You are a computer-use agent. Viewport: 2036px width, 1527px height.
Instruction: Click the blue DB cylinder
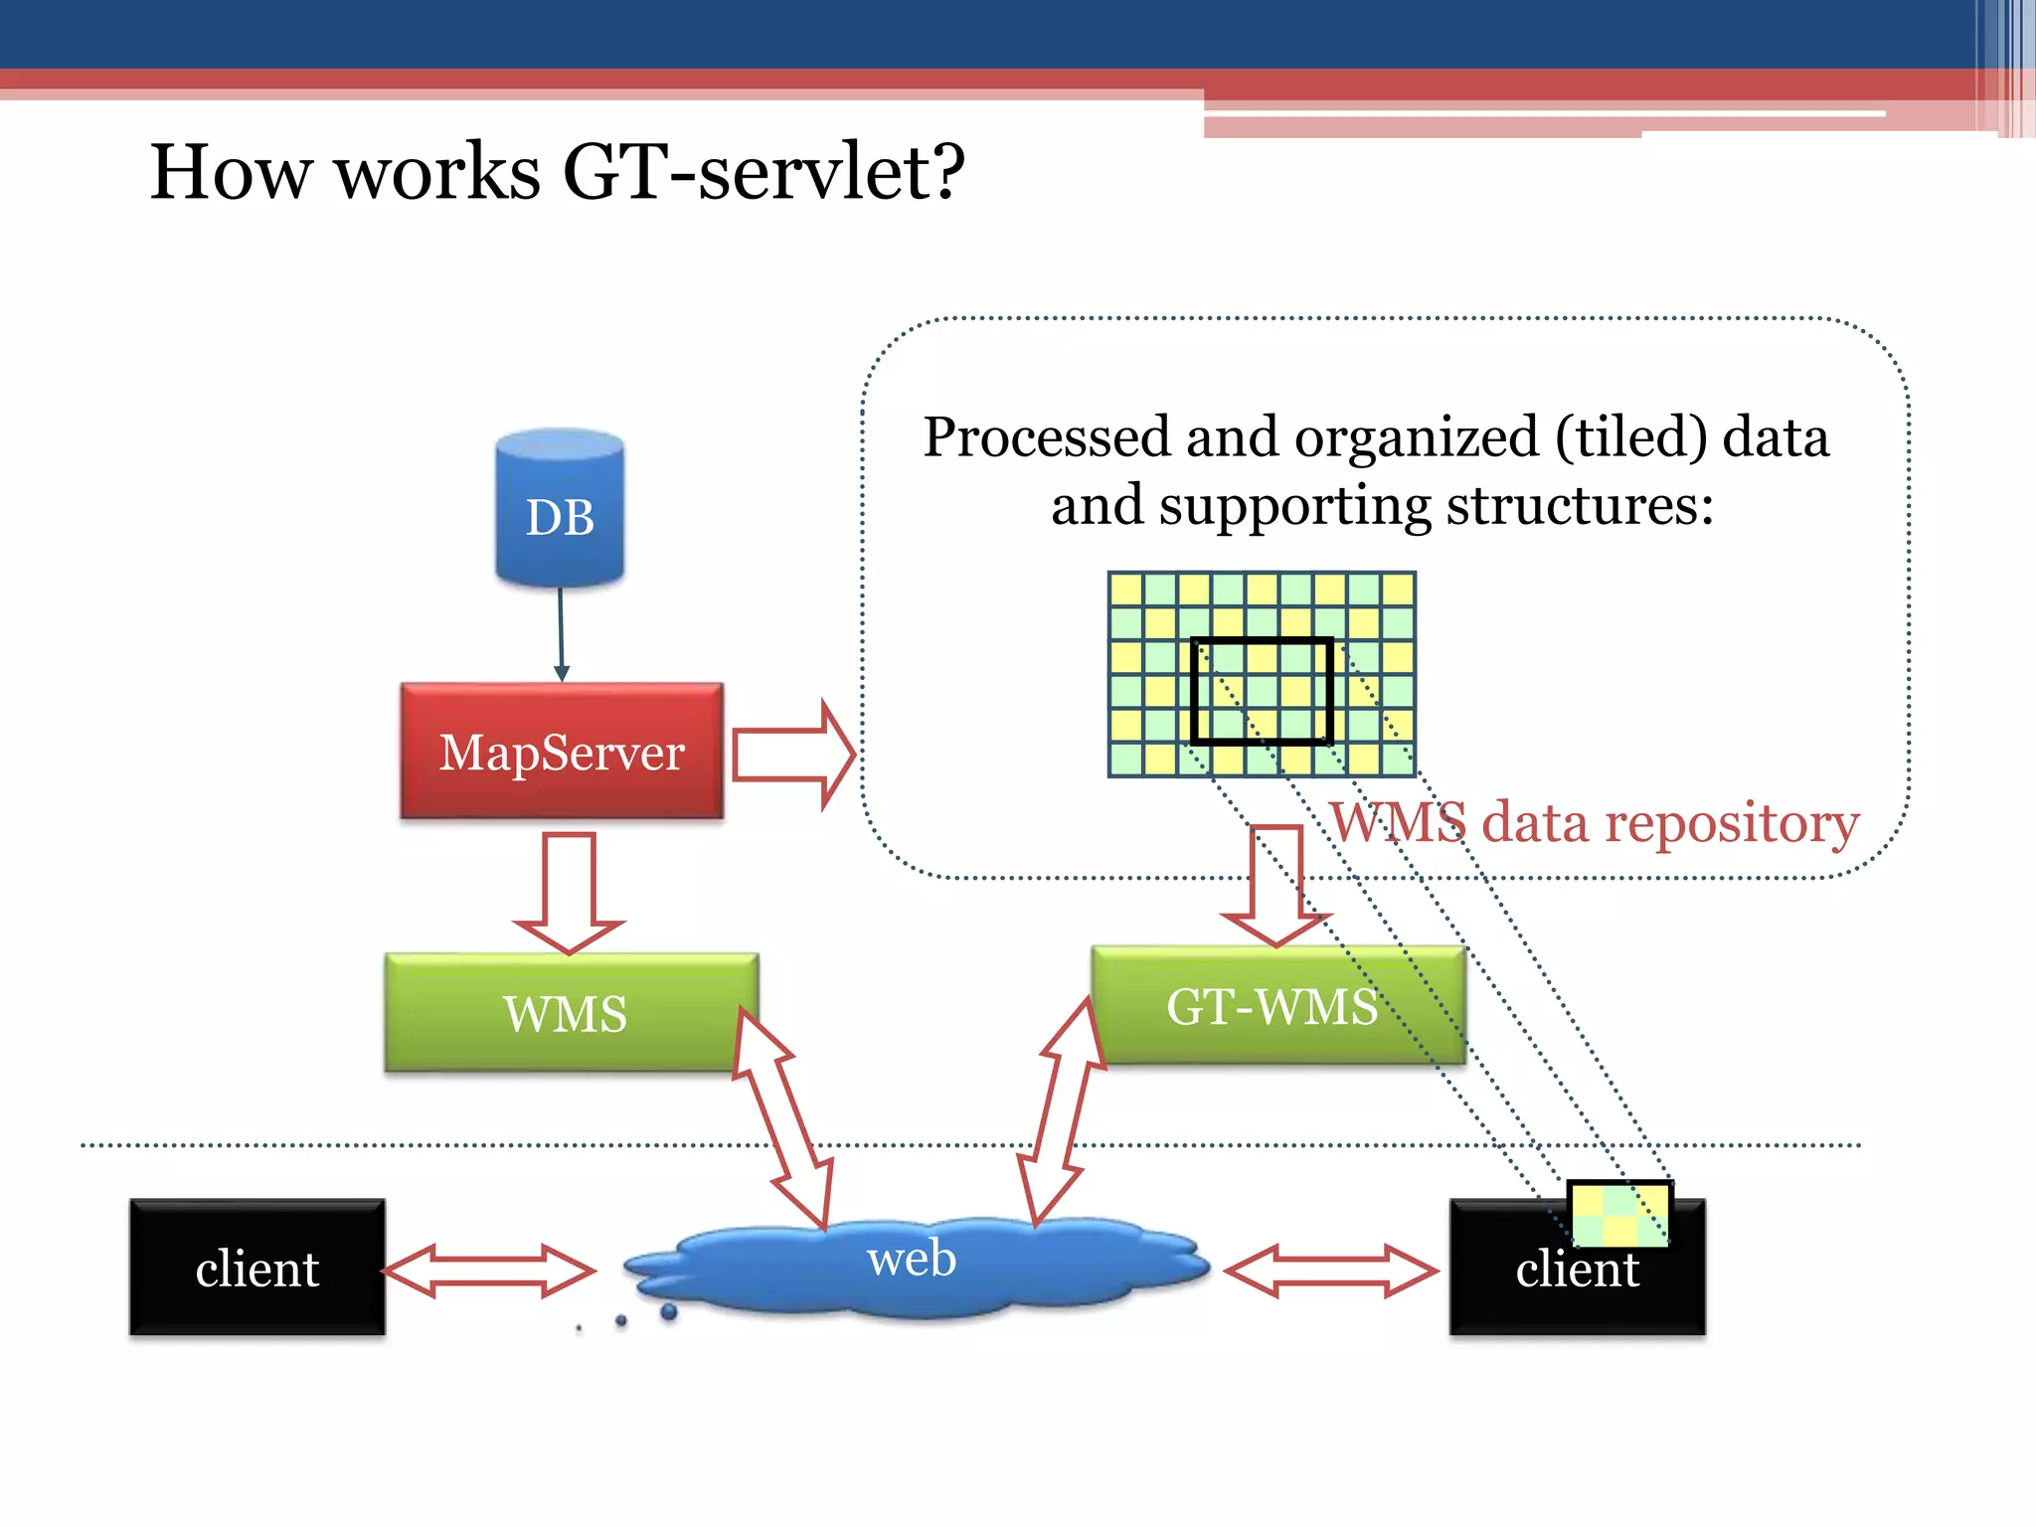coord(560,509)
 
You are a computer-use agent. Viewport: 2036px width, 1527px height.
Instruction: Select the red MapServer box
coord(562,752)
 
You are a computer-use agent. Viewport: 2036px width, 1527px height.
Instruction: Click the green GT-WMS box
coord(1277,1005)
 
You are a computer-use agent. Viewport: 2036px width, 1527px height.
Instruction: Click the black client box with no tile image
coord(256,1268)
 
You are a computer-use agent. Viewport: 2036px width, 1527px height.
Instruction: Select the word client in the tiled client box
coord(1577,1270)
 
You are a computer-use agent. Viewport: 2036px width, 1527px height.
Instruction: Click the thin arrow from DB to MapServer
coord(561,632)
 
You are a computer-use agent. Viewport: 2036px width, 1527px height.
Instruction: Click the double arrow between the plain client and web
coord(488,1270)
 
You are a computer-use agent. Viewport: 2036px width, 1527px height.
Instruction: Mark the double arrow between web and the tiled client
coord(1330,1271)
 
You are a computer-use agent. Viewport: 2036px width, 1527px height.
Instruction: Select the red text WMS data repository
coord(1595,823)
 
